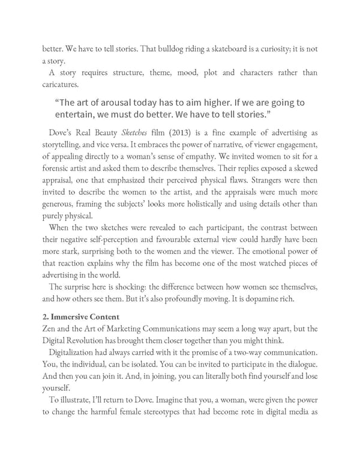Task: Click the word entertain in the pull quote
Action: click(77, 114)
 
